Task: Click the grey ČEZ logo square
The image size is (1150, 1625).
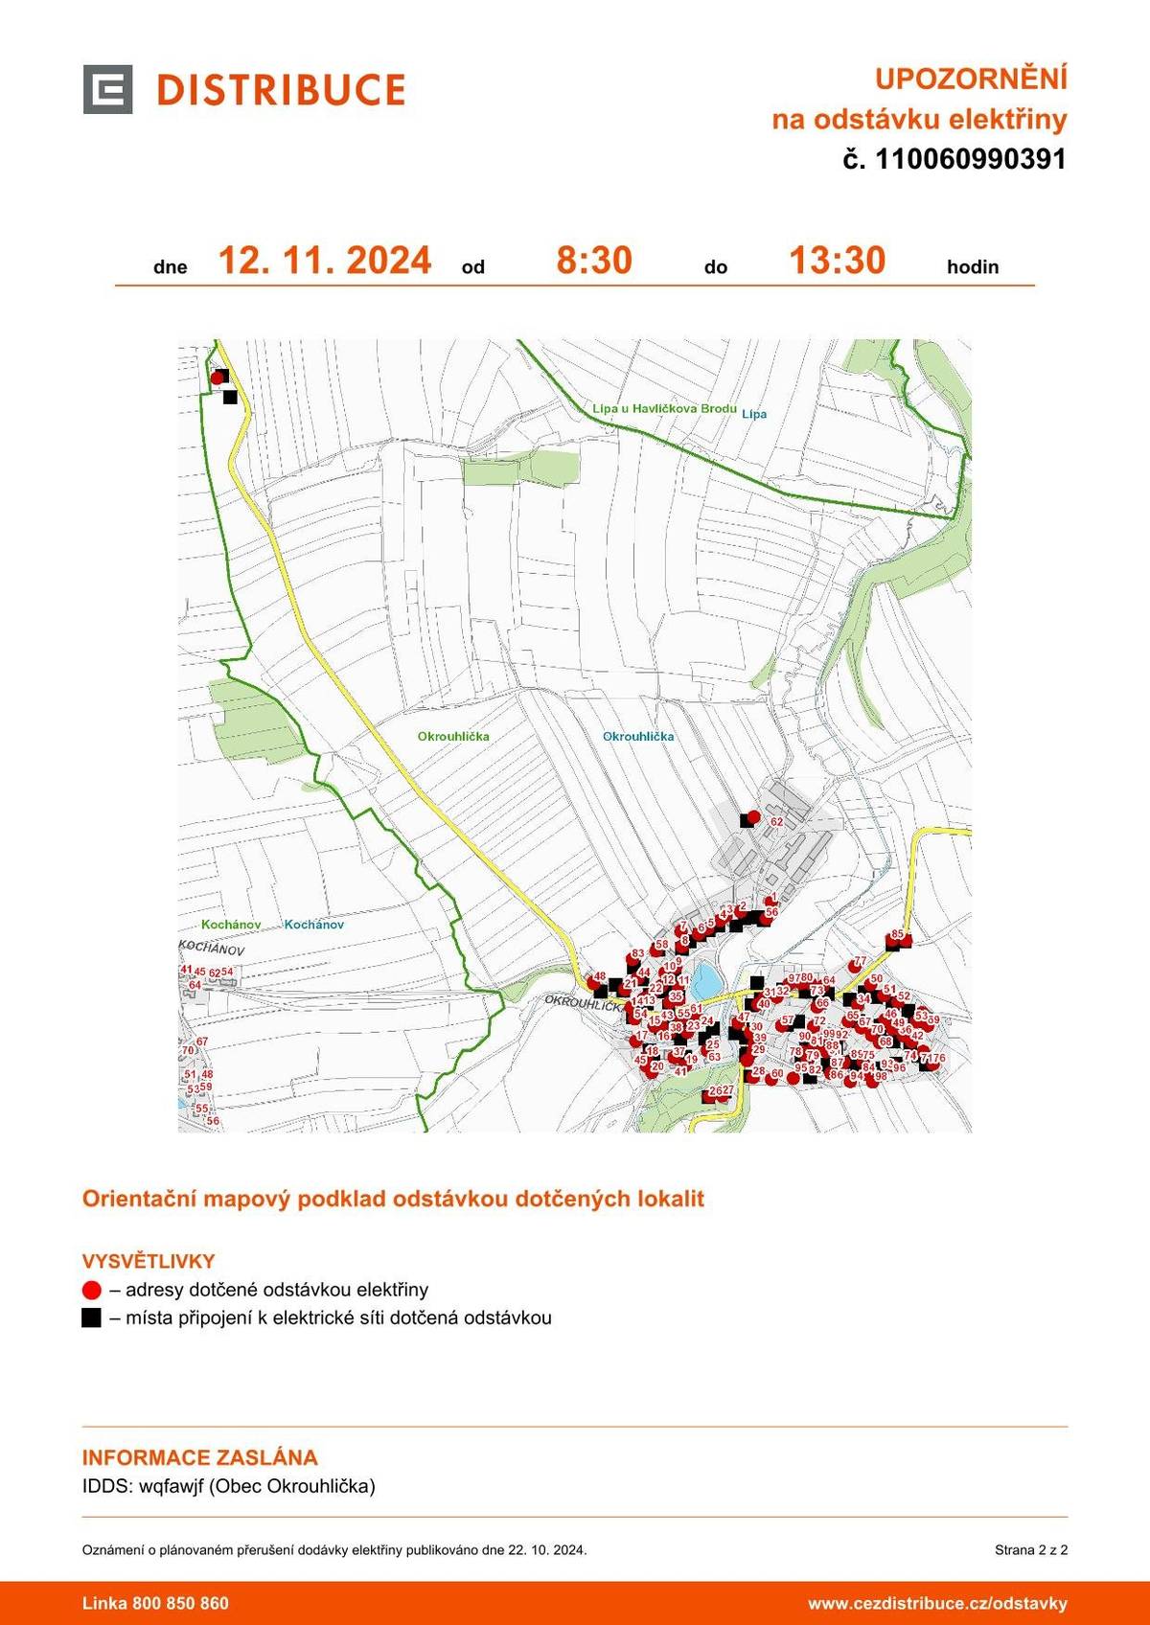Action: coord(107,89)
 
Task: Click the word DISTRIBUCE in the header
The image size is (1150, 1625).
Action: coord(281,90)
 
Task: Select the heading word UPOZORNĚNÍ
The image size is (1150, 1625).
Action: coord(971,79)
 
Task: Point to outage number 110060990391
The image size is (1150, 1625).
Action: coord(970,159)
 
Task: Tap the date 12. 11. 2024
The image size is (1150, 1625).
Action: coord(325,261)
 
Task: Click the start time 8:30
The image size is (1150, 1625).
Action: coord(594,261)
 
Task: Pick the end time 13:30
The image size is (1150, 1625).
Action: coord(837,261)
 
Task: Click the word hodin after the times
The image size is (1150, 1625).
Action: coord(973,267)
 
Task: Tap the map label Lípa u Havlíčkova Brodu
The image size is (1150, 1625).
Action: coord(664,408)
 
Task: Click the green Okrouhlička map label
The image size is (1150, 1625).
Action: coord(453,736)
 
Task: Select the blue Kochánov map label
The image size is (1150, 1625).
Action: coord(313,925)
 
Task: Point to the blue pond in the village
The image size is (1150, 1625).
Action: coord(706,980)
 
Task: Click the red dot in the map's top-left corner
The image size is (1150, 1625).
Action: coord(217,378)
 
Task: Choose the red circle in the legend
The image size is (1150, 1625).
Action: coord(92,1290)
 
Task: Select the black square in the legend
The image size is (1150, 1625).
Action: coord(92,1317)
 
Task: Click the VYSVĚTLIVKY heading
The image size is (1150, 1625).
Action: coord(149,1261)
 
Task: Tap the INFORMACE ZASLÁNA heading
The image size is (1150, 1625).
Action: coord(199,1457)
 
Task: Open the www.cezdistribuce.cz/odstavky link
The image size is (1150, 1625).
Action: coord(937,1603)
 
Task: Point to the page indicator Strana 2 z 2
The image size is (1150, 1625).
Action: coord(1030,1549)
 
